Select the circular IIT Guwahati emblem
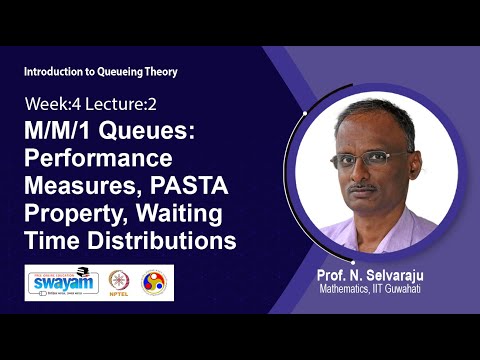154,281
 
